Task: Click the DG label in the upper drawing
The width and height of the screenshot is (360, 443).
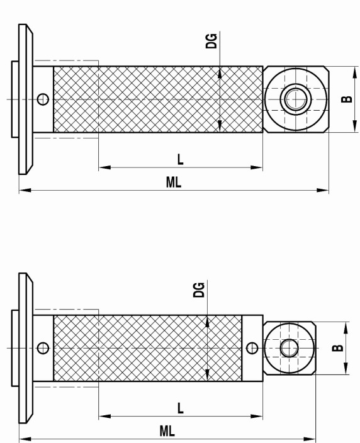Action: point(212,41)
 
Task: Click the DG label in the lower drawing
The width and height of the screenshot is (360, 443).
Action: point(199,289)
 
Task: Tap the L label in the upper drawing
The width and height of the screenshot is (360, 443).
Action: point(180,159)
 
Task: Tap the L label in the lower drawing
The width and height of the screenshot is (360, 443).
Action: point(180,408)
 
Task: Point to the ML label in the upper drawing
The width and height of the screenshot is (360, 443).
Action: point(174,182)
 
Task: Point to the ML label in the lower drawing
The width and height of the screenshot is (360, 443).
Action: point(167,430)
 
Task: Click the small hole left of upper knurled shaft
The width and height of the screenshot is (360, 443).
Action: point(43,99)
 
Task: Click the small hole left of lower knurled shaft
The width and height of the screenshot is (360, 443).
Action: point(43,347)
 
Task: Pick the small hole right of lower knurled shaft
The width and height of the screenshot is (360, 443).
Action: point(252,347)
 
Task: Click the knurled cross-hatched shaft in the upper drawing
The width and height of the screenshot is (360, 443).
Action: point(157,99)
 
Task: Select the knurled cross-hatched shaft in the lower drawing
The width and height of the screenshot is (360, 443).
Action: point(148,347)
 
